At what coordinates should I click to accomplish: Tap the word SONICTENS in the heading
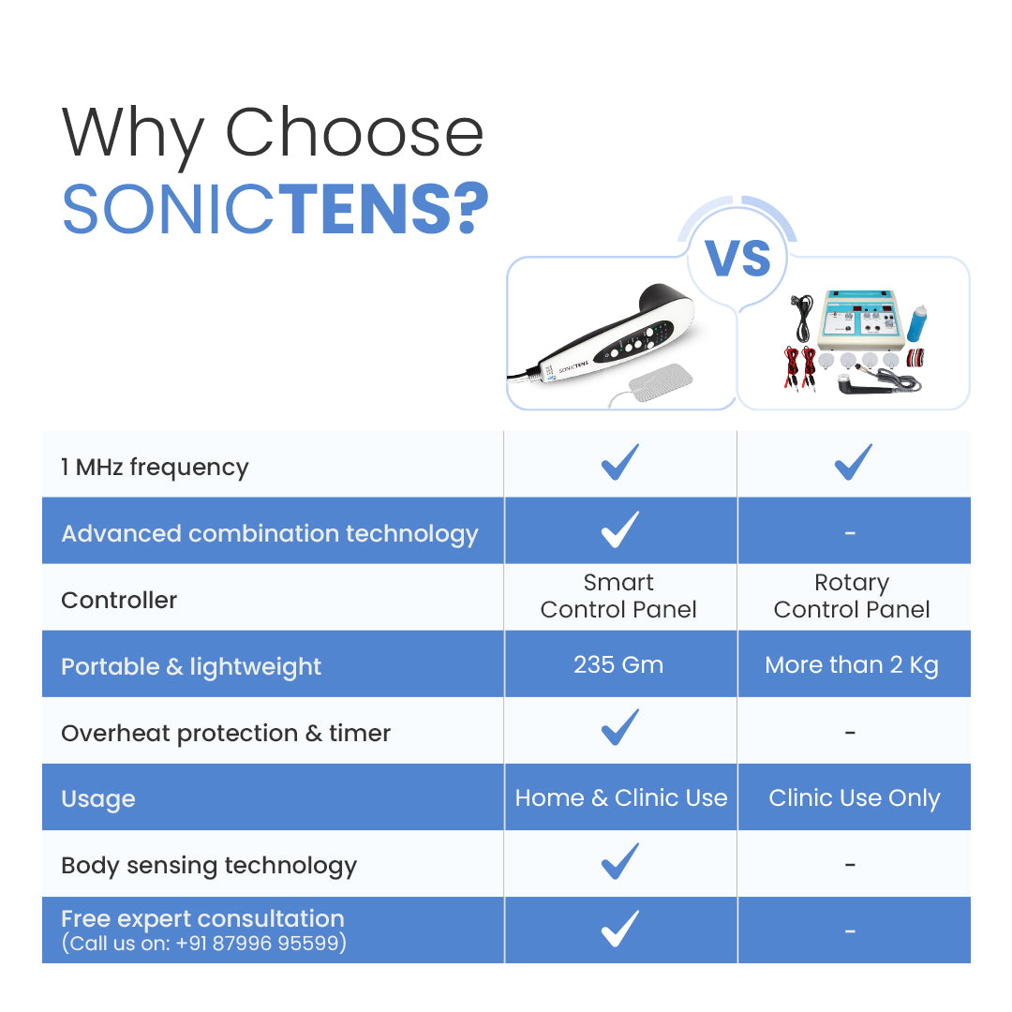point(275,209)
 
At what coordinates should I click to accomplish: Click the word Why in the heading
point(132,133)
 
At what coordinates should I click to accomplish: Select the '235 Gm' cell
point(618,665)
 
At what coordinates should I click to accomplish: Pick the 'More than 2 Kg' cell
point(852,665)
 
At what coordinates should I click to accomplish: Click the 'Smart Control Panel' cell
point(618,596)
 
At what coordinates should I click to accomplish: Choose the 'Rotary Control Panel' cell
point(852,596)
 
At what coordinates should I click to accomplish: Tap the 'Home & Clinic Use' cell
point(620,798)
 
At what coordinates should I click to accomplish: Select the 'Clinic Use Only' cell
point(854,798)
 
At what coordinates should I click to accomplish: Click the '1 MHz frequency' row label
point(155,467)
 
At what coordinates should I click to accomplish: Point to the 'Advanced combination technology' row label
point(270,534)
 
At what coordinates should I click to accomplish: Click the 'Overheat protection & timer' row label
point(226,733)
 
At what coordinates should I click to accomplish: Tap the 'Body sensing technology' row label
point(209,866)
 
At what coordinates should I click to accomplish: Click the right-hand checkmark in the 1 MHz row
point(853,462)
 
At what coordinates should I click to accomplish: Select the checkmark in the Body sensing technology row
point(619,861)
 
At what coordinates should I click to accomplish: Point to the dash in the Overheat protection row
point(850,733)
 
